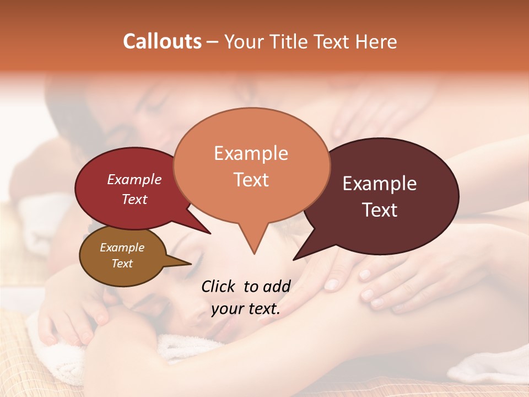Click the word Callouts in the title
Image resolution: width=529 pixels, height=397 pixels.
coord(162,41)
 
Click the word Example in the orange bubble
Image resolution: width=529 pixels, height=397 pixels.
coord(251,153)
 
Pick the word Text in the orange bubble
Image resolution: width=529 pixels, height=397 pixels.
coord(251,179)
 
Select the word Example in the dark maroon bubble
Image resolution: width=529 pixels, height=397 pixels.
coord(380,184)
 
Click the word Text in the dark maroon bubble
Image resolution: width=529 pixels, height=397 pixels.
coord(380,210)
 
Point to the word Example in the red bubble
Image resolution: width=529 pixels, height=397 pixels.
coord(134,179)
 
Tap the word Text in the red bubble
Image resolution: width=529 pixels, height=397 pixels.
coord(134,199)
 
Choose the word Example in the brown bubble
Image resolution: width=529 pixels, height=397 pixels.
coord(122,248)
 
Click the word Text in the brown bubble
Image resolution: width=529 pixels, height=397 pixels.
coord(122,264)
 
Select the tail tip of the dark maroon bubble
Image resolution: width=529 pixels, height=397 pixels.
coord(294,259)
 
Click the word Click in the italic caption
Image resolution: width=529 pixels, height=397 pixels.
coord(218,286)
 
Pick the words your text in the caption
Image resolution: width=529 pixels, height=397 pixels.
coord(245,309)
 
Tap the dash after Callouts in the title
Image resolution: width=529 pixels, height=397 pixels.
coord(213,42)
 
